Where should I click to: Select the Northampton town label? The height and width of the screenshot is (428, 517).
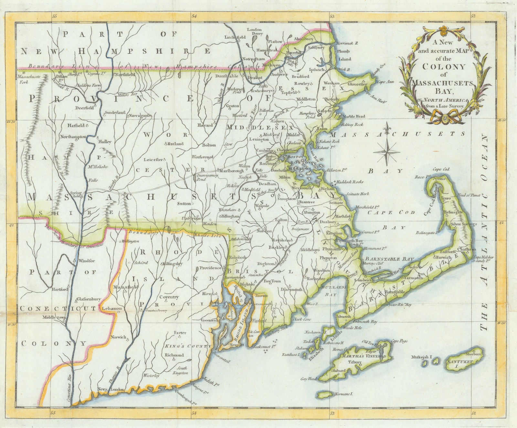point(73,137)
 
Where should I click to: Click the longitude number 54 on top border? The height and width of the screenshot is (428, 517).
point(194,16)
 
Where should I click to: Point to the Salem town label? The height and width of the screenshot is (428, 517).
point(326,110)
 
